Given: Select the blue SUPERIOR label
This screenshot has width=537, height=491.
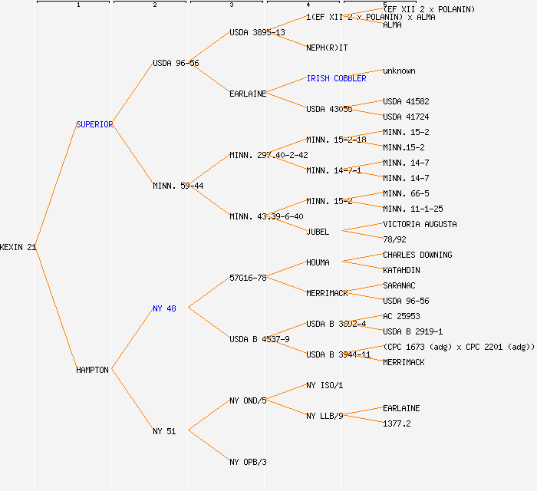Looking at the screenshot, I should coord(94,124).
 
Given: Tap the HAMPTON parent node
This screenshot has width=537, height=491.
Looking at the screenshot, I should coord(93,370).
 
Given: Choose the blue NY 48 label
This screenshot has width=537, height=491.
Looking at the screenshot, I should coord(164,308).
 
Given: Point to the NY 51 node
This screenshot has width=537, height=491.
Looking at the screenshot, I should coord(164,431).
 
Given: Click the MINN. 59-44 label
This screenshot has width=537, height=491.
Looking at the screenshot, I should coord(178,186).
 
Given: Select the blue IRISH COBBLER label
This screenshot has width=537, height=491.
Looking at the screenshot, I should coord(336,78).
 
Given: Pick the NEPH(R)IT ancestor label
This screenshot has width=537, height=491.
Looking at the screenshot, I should coord(327,48).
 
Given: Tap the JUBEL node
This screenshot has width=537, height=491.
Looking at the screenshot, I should coord(318,232).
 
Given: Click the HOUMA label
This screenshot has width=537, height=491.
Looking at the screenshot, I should coord(318,262).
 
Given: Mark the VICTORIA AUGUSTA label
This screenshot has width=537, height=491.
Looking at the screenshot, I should coord(420,224).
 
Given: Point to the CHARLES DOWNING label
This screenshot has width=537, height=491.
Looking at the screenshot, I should coord(417,255).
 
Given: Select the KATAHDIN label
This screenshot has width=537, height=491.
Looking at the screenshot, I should coord(401,270).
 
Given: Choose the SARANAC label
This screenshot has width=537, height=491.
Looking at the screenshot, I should coord(399,285).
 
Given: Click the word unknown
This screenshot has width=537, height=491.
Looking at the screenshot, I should coord(399,71).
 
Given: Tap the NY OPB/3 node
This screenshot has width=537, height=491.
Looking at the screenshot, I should coord(248,462).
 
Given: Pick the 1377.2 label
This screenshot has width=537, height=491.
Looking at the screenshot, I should coord(397,423).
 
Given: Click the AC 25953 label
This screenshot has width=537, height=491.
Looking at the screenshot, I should coord(401,316).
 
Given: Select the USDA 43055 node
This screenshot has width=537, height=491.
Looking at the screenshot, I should coord(329,109).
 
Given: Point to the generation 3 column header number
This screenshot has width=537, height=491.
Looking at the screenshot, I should coord(231,5).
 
